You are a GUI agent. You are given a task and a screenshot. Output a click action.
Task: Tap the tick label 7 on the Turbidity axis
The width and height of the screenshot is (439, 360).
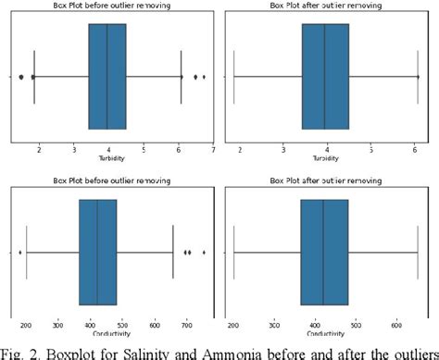[x=213, y=147]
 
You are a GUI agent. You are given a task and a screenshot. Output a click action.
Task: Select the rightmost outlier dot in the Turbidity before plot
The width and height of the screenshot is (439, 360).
[x=204, y=77]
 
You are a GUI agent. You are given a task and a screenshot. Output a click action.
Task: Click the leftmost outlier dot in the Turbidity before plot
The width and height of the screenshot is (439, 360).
[x=21, y=77]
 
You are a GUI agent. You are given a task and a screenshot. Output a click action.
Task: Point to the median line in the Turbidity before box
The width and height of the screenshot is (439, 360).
[x=107, y=77]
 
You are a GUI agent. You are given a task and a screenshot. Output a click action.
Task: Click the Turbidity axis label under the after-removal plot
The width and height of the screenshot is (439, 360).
[x=325, y=156]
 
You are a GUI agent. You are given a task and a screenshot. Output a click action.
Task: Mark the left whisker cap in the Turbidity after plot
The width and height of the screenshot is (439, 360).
[x=234, y=77]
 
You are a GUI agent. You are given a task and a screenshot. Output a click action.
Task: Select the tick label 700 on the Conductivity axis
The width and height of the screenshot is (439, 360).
[x=188, y=325]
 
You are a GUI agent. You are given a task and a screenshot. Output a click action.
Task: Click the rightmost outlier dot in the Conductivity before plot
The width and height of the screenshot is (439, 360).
[x=204, y=252]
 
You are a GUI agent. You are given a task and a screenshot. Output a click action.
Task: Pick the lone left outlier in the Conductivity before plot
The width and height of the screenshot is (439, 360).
[x=19, y=252]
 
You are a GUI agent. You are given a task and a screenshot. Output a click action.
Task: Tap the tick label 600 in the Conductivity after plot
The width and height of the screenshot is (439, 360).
[x=396, y=325]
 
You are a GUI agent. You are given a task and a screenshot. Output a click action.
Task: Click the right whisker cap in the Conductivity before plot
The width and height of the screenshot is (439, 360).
[x=173, y=252]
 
